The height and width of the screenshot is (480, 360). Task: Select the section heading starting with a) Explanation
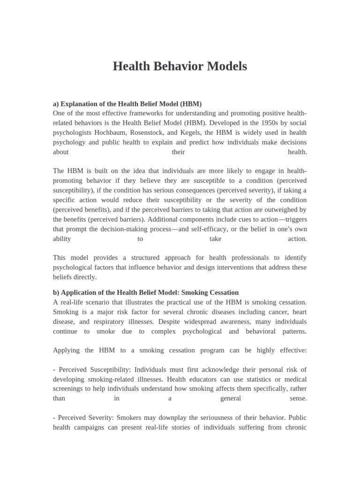127,104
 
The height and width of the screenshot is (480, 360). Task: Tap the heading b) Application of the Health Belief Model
146,292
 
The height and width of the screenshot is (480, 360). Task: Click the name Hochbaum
104,133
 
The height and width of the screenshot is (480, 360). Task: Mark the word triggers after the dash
295,219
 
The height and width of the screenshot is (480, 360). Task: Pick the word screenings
69,389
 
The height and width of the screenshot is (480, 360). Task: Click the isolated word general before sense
230,398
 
